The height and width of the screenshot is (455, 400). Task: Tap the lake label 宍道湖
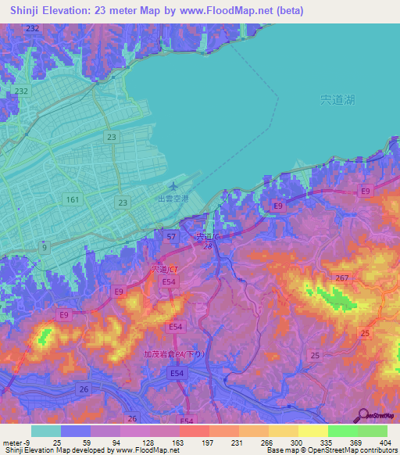337,100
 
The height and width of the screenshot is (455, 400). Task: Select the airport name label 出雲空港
172,199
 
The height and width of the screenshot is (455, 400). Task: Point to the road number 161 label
73,200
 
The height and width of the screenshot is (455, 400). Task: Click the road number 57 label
171,235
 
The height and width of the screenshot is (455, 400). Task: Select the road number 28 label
208,246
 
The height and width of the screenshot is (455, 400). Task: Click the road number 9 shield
44,248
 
